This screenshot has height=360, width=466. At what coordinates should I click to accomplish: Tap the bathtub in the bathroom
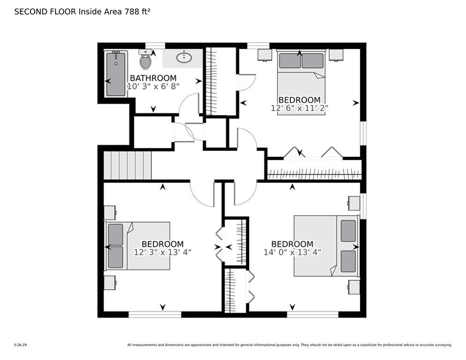pyautogui.click(x=116, y=74)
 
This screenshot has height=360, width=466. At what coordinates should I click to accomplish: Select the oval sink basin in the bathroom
pyautogui.click(x=184, y=58)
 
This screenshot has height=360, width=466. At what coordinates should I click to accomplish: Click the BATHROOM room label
pyautogui.click(x=153, y=78)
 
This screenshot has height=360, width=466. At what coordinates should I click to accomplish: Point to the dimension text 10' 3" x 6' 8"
pyautogui.click(x=153, y=86)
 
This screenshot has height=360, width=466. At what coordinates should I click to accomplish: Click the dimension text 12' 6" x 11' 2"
pyautogui.click(x=299, y=108)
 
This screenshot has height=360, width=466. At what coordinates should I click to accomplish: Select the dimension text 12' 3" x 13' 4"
pyautogui.click(x=163, y=252)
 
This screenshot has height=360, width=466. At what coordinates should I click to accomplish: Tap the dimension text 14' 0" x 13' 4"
pyautogui.click(x=293, y=252)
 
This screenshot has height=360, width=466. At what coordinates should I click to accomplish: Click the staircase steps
pyautogui.click(x=127, y=165)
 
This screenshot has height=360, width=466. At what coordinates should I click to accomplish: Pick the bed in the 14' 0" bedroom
pyautogui.click(x=325, y=246)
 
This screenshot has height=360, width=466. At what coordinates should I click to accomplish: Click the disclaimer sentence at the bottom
pyautogui.click(x=289, y=345)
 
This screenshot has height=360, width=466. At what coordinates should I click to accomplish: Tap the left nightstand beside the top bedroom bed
pyautogui.click(x=265, y=55)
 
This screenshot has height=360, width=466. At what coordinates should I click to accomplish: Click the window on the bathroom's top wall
pyautogui.click(x=155, y=45)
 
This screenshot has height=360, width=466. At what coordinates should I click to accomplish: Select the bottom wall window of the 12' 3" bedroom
pyautogui.click(x=155, y=315)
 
